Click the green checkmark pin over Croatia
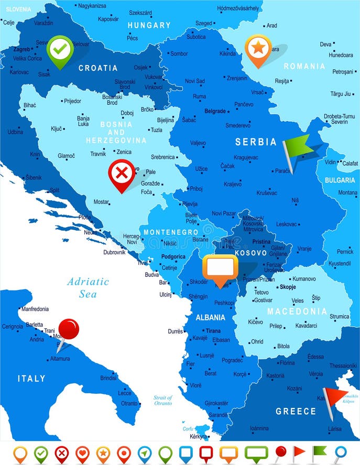(60, 48)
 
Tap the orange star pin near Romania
(258, 48)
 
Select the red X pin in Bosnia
(122, 173)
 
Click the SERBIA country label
(256, 142)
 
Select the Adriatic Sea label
(88, 287)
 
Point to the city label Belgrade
(215, 111)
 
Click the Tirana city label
(213, 331)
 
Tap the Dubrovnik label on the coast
(114, 252)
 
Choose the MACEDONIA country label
(297, 312)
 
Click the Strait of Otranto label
(163, 401)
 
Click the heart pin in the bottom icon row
(82, 453)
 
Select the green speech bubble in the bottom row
(256, 453)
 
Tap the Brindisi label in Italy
(108, 378)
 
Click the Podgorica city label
(173, 256)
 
